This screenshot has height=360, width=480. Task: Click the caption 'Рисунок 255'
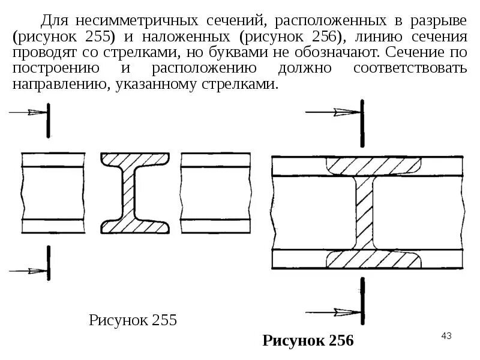(133, 320)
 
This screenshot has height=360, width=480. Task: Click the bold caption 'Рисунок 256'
(308, 341)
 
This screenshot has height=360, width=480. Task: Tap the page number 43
(446, 335)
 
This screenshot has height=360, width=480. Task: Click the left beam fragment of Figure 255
(52, 193)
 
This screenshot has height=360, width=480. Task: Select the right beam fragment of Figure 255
(215, 193)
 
